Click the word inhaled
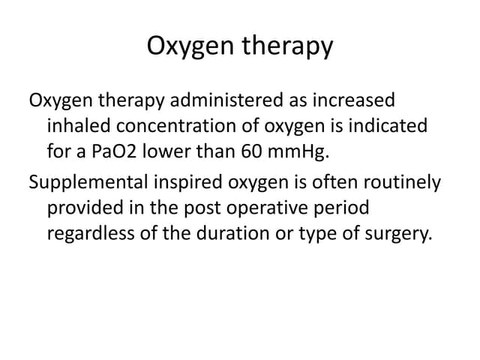pos(77,127)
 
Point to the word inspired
pos(186,183)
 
